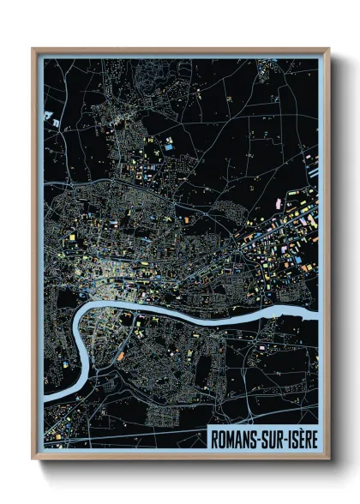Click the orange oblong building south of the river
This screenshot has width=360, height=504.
point(121,354)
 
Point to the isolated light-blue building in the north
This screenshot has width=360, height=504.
point(168,147)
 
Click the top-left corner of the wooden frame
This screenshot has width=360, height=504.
point(33,49)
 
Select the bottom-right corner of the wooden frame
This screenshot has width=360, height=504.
point(328,459)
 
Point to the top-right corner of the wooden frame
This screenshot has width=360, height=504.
point(328,49)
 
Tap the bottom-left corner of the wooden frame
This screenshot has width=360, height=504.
point(33,459)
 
